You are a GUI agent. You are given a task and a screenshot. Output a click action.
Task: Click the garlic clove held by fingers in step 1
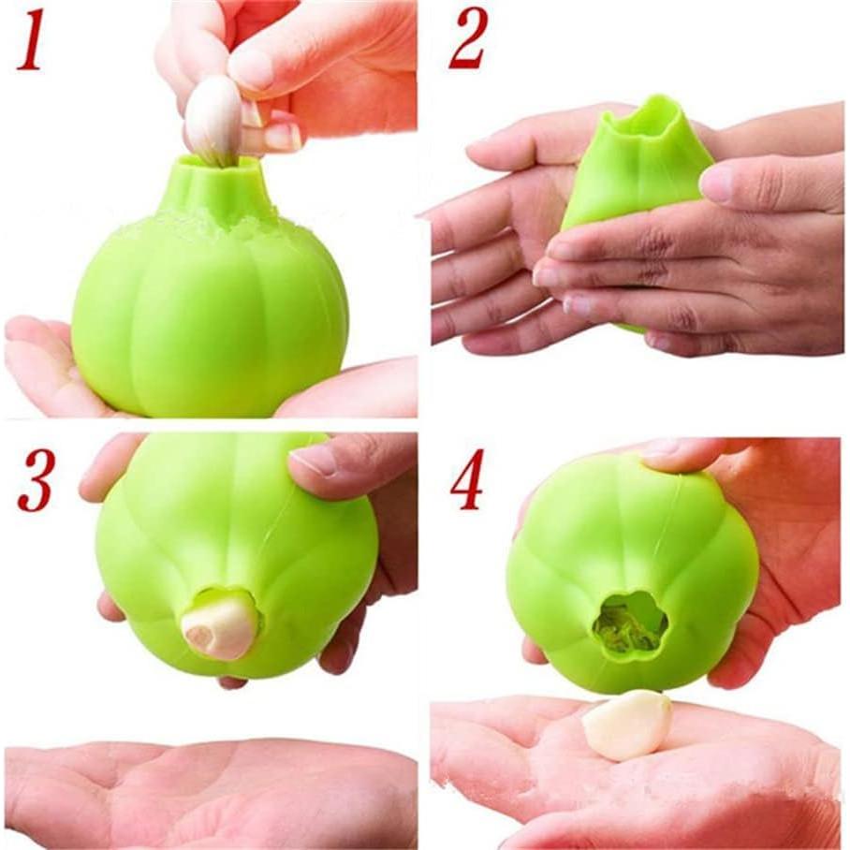click(213, 120)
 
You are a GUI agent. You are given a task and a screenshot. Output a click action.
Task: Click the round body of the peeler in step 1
click(211, 318)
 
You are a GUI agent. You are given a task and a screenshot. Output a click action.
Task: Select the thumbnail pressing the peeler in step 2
click(717, 184)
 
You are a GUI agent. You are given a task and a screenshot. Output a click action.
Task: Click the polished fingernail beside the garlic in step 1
click(282, 137)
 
